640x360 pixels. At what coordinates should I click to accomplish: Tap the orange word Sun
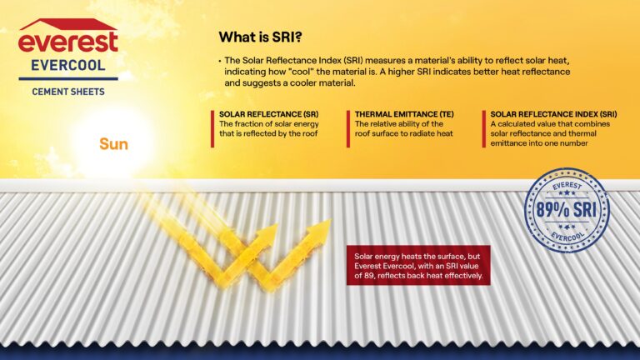point(113,144)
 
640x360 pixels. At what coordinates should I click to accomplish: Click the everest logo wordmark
point(68,42)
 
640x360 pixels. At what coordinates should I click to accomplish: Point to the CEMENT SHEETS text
point(67,90)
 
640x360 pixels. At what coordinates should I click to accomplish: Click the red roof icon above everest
point(67,23)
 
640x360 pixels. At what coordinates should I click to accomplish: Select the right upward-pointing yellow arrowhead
point(320,229)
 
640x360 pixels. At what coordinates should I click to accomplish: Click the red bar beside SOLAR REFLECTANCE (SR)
point(212,128)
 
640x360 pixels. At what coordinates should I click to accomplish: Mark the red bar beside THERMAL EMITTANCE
point(348,128)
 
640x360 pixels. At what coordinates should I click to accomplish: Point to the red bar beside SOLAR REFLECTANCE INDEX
point(483,128)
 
